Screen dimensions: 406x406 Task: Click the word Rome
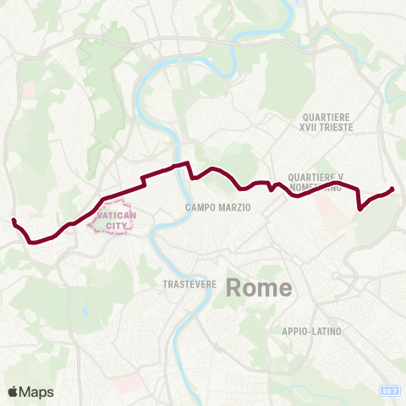259,288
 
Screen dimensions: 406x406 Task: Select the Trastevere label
191,284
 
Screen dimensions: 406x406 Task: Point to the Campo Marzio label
218,207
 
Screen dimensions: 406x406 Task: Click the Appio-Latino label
313,331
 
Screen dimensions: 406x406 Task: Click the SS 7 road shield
390,390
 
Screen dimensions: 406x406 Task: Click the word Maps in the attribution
38,392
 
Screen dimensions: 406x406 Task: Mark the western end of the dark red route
14,221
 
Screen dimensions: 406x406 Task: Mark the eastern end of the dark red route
392,189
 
